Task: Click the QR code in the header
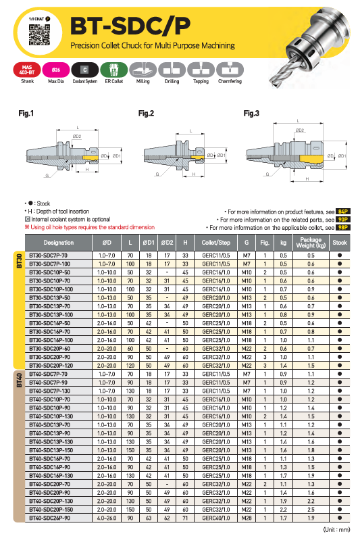(39, 34)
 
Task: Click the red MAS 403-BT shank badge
(27, 70)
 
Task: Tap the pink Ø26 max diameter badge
(56, 70)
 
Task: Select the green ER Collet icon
(114, 70)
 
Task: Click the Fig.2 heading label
(146, 114)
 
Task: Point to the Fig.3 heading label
(251, 114)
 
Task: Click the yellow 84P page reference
(343, 212)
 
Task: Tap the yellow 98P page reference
(343, 227)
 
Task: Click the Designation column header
(58, 243)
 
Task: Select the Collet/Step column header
(216, 243)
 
